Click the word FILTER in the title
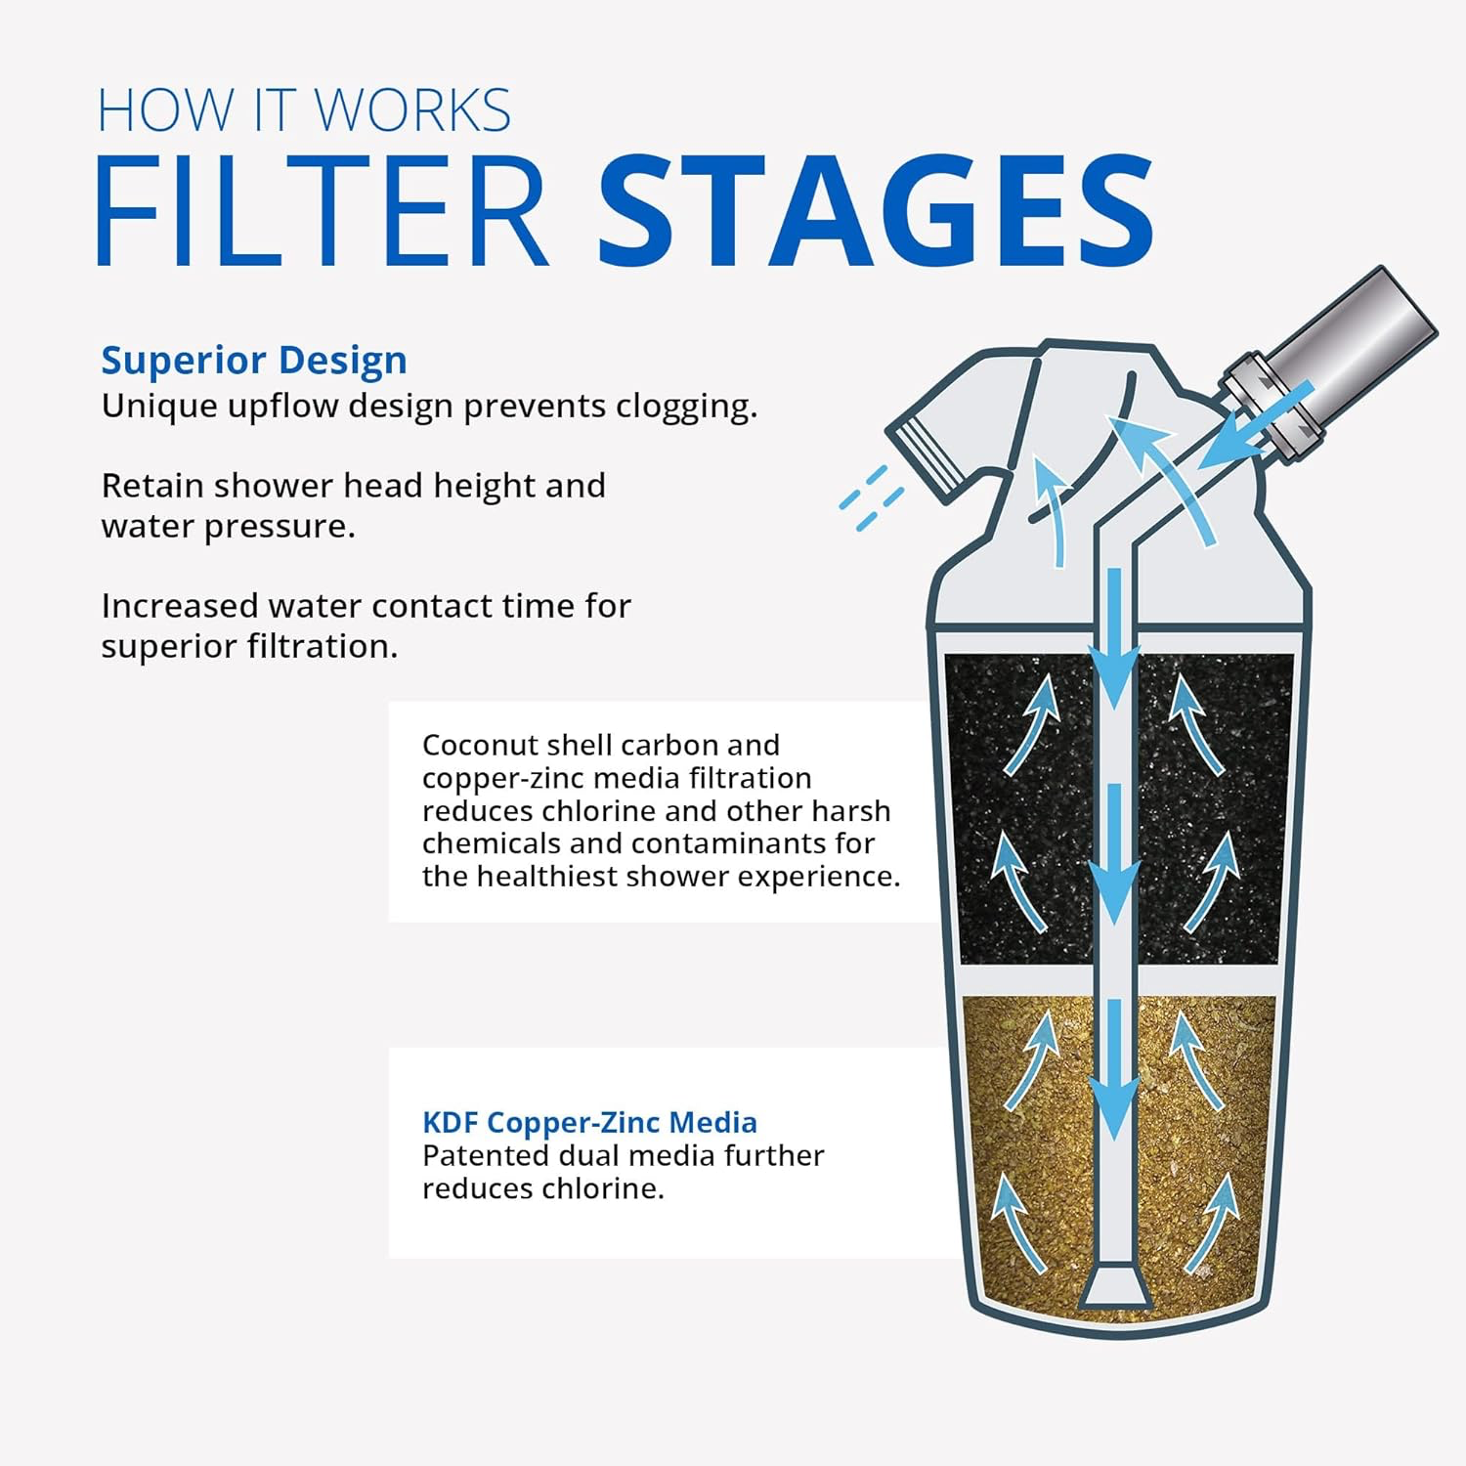pyautogui.click(x=321, y=212)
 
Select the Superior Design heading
pyautogui.click(x=254, y=361)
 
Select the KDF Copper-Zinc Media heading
pyautogui.click(x=589, y=1122)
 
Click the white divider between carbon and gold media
pyautogui.click(x=1036, y=980)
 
